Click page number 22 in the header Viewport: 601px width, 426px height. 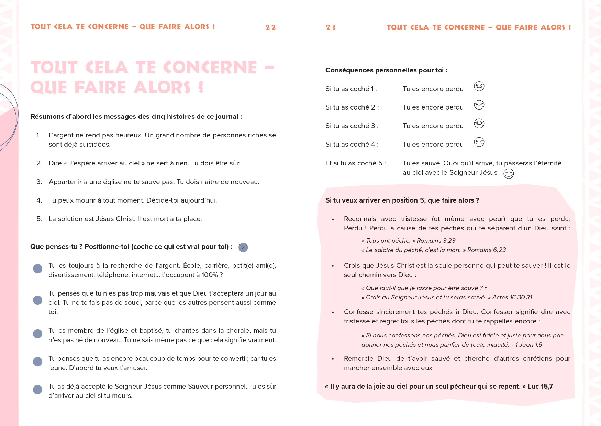(x=270, y=27)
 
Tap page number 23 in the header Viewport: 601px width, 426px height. (x=331, y=27)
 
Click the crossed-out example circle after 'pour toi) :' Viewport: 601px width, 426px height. (x=243, y=247)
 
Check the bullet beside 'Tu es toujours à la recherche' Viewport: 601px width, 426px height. (x=37, y=269)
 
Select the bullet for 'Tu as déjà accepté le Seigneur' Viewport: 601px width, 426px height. (x=37, y=390)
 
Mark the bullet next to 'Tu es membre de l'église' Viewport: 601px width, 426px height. (x=37, y=334)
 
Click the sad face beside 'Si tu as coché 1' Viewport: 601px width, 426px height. (x=479, y=86)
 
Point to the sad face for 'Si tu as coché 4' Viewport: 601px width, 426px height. (x=479, y=142)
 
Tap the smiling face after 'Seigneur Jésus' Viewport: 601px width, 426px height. (x=509, y=174)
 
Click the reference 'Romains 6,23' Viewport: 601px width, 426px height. (x=487, y=250)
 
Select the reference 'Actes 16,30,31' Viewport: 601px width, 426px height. (x=512, y=297)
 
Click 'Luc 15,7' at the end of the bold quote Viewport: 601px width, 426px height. (x=540, y=387)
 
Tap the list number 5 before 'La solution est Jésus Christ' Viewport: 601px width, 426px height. (x=39, y=219)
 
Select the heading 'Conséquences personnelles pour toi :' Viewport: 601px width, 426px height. (x=386, y=70)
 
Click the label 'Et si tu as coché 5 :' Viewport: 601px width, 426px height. (x=355, y=163)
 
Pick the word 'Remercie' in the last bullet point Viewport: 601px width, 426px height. (x=358, y=359)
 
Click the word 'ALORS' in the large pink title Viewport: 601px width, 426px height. (x=162, y=87)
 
